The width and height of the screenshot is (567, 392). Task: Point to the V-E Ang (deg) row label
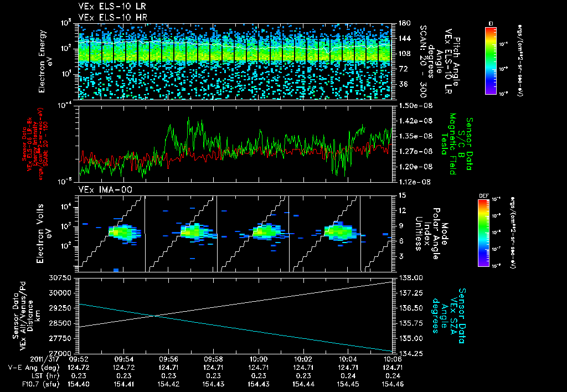30,368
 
